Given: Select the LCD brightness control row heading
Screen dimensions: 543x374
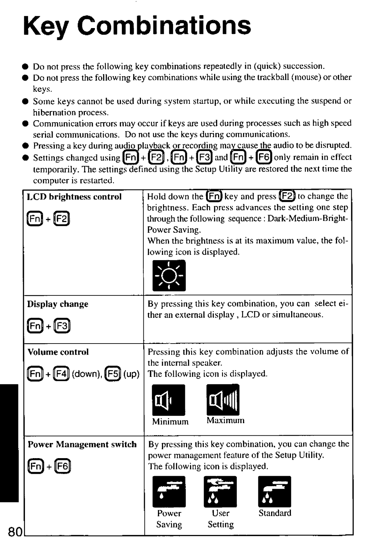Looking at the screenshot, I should (74, 197).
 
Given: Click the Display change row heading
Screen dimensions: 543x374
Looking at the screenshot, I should (58, 304).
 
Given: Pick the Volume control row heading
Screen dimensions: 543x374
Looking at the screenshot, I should (58, 352).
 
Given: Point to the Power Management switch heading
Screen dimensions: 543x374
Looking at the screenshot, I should (82, 444).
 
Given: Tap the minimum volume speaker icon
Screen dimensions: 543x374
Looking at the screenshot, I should (169, 400).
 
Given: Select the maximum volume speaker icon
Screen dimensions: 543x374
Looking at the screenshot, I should (223, 400).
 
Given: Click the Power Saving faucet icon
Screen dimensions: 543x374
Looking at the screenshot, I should (169, 491).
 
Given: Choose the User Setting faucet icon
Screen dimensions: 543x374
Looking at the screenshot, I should (220, 491).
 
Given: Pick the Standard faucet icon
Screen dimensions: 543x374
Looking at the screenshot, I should (275, 491).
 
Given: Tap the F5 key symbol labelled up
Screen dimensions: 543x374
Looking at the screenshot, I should (114, 375).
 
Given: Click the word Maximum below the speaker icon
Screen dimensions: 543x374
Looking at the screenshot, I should (225, 420).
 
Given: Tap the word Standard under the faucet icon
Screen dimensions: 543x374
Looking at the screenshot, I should (275, 513).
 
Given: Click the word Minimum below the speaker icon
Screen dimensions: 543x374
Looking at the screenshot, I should (170, 421).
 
